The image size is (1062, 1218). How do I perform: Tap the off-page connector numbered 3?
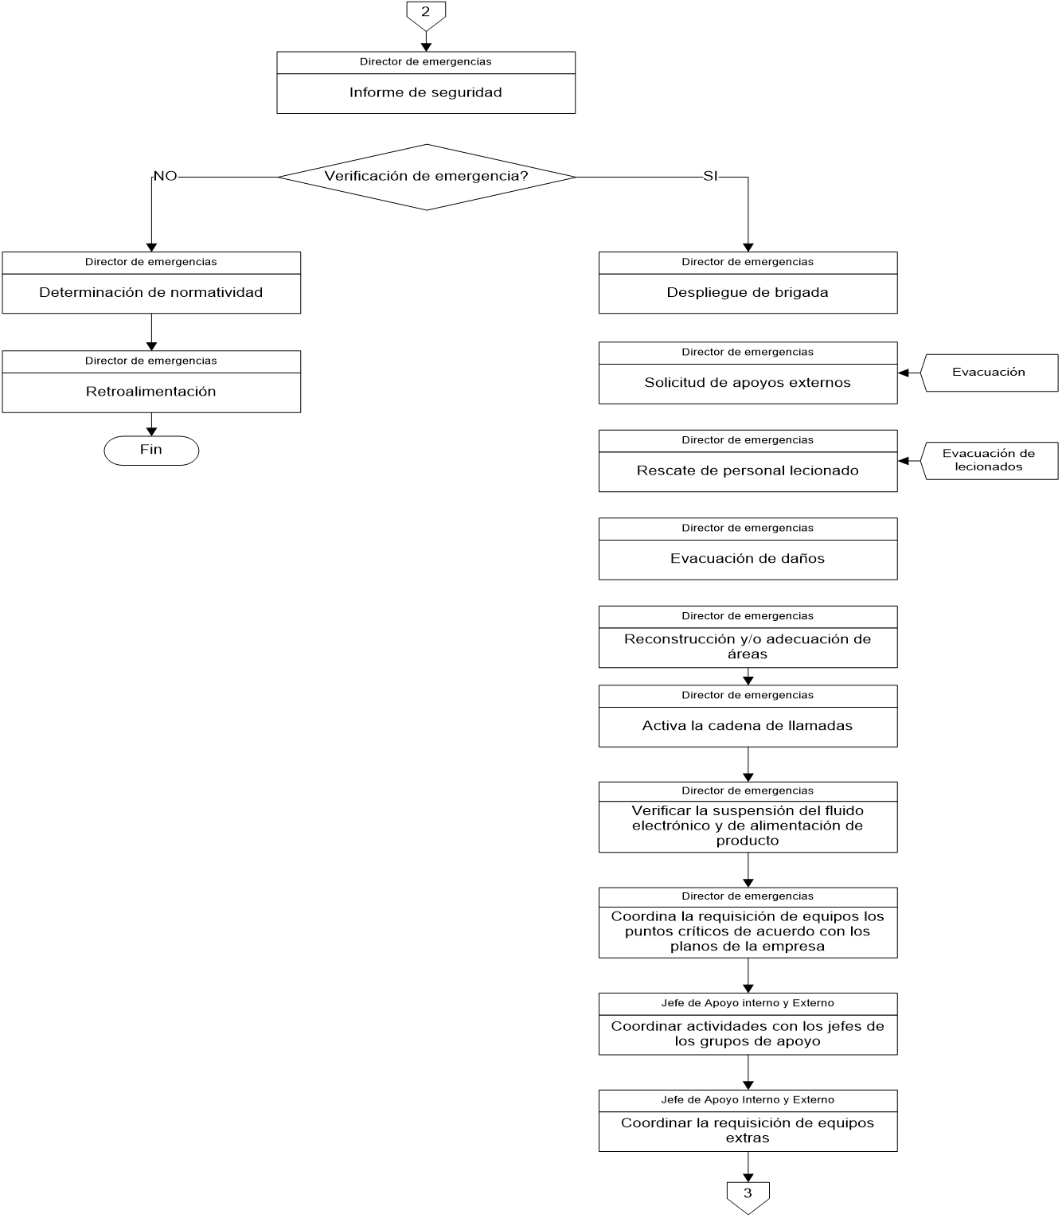tap(748, 1195)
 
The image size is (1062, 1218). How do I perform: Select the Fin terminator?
tap(151, 451)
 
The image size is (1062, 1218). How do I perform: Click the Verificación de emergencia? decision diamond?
tap(427, 177)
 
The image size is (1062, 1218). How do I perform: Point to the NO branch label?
tap(165, 176)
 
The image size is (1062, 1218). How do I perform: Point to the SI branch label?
tap(710, 176)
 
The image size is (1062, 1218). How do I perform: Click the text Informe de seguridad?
tap(426, 92)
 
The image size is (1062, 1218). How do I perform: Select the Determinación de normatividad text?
tap(151, 292)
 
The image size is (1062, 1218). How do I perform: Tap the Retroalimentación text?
tap(151, 392)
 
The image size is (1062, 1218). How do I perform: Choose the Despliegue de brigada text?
tap(748, 292)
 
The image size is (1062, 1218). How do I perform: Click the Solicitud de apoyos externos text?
tap(748, 383)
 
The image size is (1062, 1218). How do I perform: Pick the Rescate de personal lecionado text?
tap(748, 470)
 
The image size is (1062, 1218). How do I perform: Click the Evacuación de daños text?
tap(748, 559)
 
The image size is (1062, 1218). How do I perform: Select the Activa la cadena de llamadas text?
tap(748, 726)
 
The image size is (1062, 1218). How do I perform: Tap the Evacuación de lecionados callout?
tap(989, 460)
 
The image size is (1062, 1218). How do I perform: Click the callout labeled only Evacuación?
tap(989, 373)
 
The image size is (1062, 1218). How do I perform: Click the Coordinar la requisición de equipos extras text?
tap(748, 1130)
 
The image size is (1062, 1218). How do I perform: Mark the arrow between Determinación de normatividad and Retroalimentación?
tap(151, 331)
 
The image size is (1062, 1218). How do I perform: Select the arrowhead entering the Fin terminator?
tap(151, 431)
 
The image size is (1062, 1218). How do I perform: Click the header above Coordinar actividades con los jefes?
tap(748, 1003)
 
